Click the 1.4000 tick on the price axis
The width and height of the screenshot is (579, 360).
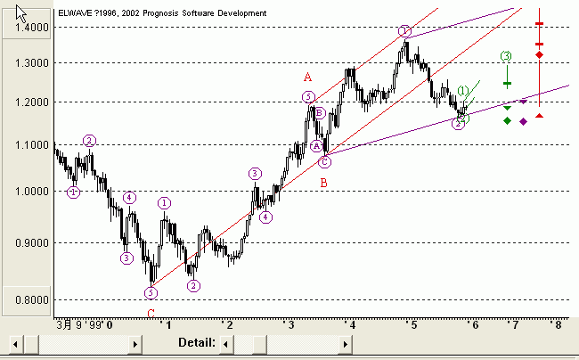[x=26, y=28]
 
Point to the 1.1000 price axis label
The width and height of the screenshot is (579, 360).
[x=26, y=144]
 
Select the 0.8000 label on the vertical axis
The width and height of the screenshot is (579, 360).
[x=26, y=300]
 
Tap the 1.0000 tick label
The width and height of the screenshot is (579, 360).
[x=26, y=191]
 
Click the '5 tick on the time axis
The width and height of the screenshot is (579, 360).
[x=412, y=325]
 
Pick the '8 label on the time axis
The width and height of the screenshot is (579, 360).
[x=557, y=325]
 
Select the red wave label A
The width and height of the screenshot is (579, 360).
[x=307, y=78]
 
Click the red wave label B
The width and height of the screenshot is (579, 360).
[x=323, y=183]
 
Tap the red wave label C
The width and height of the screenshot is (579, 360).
[x=151, y=313]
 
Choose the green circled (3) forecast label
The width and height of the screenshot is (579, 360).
[x=506, y=56]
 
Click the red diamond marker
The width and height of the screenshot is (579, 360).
[x=539, y=55]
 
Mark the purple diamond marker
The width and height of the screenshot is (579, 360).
[x=523, y=120]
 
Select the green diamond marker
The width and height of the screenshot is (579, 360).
[x=507, y=120]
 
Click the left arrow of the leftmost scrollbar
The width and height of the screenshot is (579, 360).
[x=15, y=343]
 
